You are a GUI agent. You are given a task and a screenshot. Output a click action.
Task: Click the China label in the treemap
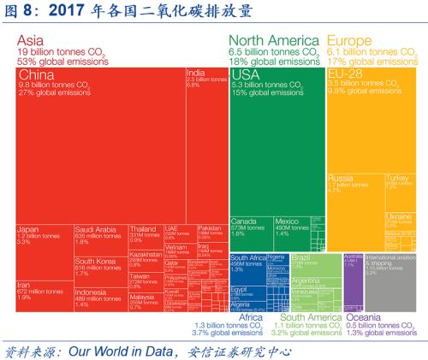point(37,76)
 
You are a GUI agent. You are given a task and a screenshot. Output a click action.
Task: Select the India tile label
point(195,74)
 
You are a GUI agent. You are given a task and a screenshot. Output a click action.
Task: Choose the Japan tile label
point(28,229)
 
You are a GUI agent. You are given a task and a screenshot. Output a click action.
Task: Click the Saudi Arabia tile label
point(95,229)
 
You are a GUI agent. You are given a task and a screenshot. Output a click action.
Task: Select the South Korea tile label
point(95,262)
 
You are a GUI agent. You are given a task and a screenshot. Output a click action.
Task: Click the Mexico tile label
point(288,221)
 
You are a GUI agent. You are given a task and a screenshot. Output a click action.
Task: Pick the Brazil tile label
point(300,257)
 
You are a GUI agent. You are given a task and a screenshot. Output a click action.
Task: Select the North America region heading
point(274,40)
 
